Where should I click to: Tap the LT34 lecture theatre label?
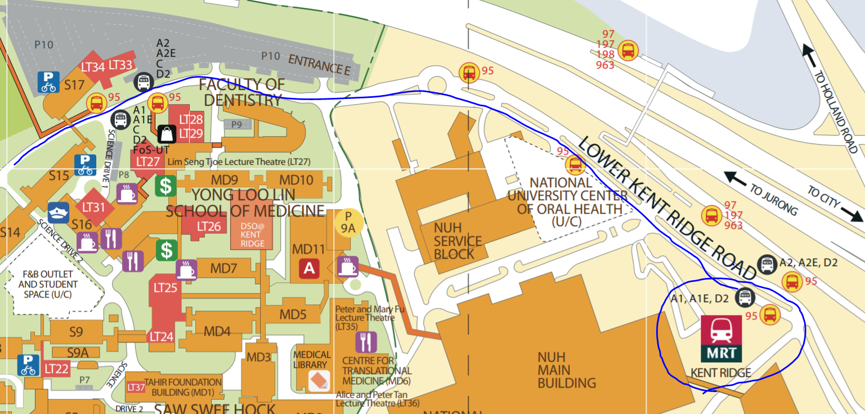point(93,67)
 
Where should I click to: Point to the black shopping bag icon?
point(168,133)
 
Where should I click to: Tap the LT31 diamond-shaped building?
point(94,207)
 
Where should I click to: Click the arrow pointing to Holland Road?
point(810,55)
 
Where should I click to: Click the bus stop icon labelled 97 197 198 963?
point(628,51)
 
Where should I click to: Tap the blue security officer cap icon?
point(59,213)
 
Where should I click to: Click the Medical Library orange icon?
point(319,381)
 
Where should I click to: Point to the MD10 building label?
point(296,181)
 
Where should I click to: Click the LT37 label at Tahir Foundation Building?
point(136,387)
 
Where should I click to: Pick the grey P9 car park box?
point(236,124)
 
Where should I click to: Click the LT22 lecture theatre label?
point(56,369)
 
